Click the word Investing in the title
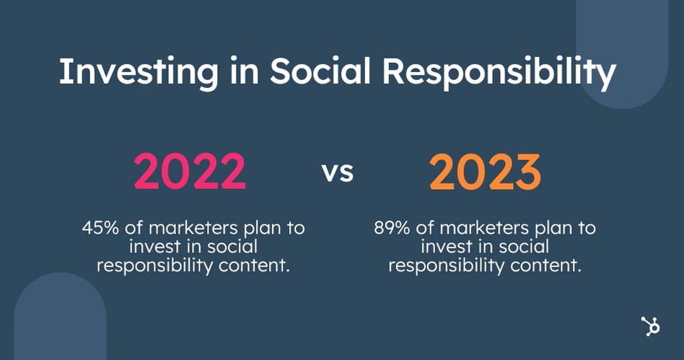point(139,72)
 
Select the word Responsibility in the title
point(499,72)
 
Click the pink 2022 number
point(190,172)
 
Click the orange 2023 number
point(485,172)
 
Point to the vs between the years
point(338,172)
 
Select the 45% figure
point(100,228)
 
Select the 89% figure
point(392,228)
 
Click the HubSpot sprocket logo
point(650,326)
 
